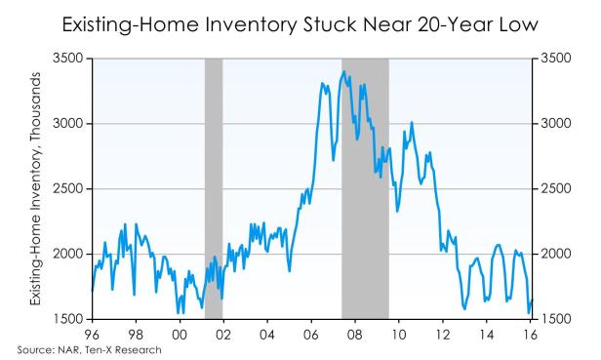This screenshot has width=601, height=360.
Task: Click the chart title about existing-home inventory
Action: click(x=300, y=21)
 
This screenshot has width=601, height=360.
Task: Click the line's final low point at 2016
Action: click(x=528, y=313)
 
